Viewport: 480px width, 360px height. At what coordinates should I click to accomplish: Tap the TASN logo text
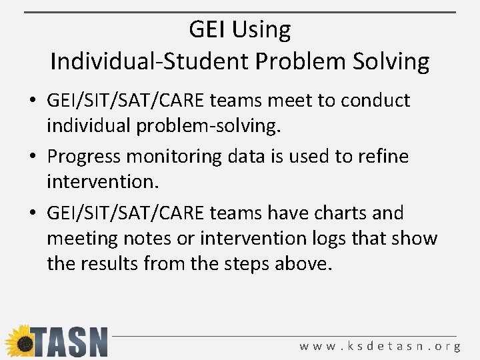pyautogui.click(x=69, y=342)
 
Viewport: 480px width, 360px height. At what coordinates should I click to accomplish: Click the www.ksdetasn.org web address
pyautogui.click(x=379, y=346)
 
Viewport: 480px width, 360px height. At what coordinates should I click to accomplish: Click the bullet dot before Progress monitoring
pyautogui.click(x=33, y=157)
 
